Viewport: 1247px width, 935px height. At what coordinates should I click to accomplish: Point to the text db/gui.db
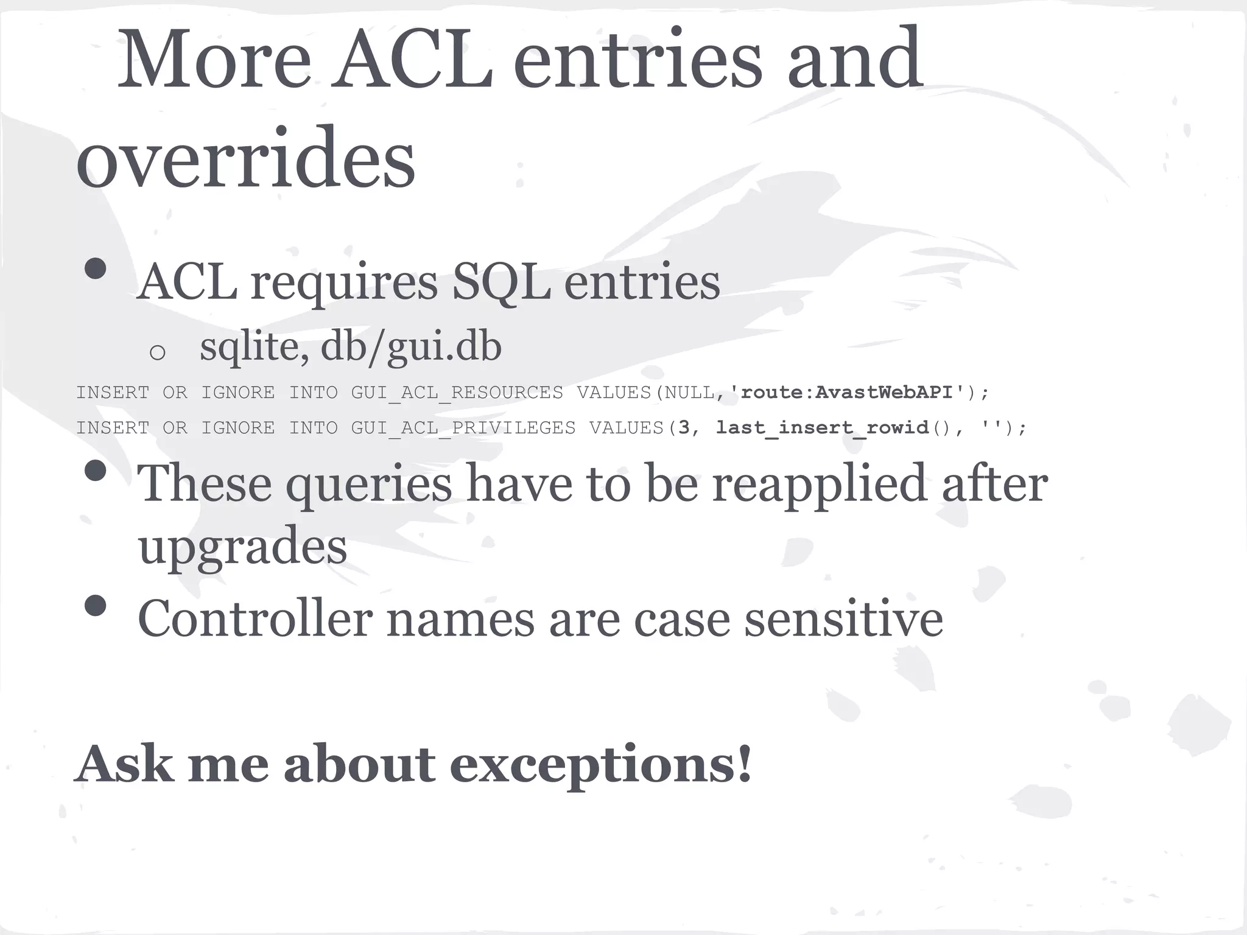[411, 347]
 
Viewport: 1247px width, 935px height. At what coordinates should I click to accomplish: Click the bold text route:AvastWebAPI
[846, 393]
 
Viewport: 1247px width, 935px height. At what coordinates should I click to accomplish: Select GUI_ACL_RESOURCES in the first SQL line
[457, 393]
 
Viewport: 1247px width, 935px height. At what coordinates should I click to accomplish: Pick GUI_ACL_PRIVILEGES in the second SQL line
[463, 429]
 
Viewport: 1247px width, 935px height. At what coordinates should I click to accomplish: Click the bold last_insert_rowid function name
[822, 428]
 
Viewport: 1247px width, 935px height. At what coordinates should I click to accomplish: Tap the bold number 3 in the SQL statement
[684, 428]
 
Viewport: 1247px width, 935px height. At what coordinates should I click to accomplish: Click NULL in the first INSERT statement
[689, 393]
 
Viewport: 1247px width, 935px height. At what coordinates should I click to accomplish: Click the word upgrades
[242, 547]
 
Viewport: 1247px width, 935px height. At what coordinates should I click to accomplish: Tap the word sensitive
[844, 619]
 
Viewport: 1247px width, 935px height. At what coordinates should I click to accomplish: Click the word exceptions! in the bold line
[600, 765]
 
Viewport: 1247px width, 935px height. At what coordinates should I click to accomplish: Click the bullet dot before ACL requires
[96, 268]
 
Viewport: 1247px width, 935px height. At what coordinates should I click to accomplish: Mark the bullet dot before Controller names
[96, 606]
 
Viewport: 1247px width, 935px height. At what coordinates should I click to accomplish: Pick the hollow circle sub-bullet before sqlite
[157, 352]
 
